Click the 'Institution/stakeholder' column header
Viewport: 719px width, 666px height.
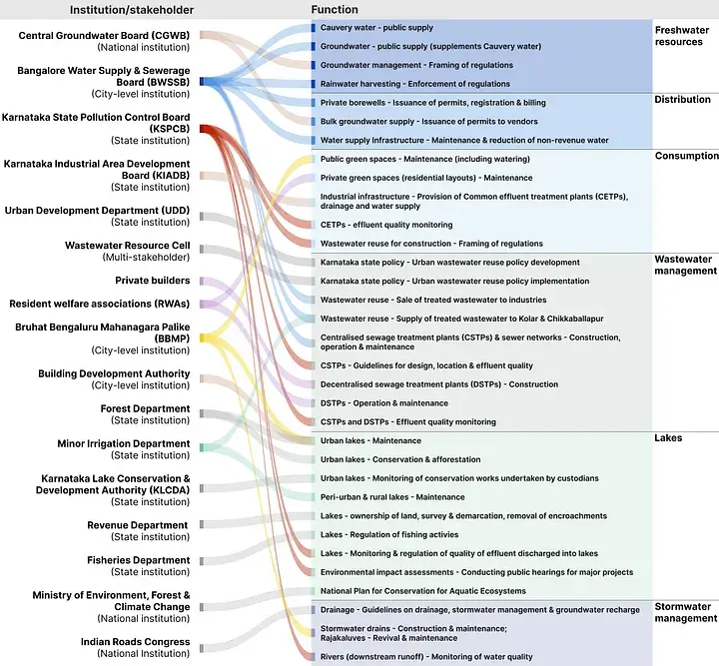point(131,10)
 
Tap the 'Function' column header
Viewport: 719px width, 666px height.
point(335,10)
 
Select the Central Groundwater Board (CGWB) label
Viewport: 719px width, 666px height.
point(104,36)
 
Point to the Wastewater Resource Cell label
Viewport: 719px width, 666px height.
point(127,246)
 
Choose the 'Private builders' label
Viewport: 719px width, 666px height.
point(152,281)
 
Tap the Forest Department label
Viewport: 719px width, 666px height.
point(145,409)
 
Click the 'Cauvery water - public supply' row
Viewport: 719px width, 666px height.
point(376,28)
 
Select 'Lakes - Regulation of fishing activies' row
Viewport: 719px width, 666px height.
point(387,534)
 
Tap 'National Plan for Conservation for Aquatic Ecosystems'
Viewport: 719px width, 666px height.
point(423,591)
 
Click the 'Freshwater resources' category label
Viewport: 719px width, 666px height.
point(682,36)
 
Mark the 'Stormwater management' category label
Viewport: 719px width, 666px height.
point(686,612)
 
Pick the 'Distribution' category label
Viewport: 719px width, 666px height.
point(683,100)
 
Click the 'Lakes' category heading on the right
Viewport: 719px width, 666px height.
point(668,438)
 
